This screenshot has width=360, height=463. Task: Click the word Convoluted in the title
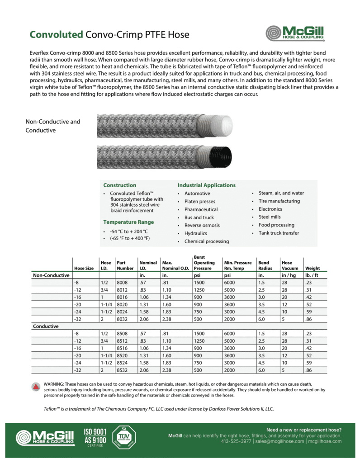56,35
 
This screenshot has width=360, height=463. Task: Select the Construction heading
119,185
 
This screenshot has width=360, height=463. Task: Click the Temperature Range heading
128,222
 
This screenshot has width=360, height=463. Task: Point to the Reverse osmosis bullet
202,226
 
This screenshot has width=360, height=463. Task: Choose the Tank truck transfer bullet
279,233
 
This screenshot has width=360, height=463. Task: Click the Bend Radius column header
263,265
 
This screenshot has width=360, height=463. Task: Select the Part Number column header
124,265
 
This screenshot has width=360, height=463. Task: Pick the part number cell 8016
123,297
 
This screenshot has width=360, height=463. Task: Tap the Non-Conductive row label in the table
51,275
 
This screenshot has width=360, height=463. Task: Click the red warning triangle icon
36,386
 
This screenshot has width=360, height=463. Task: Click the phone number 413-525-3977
236,441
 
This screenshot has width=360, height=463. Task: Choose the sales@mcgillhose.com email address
279,441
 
